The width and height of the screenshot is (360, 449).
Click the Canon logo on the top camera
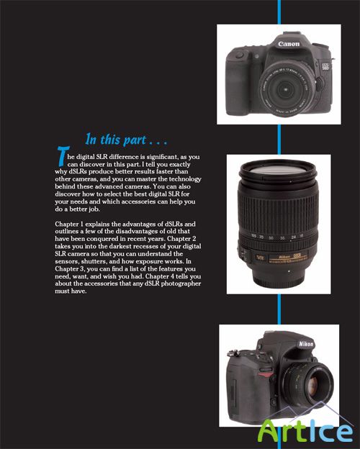(289, 44)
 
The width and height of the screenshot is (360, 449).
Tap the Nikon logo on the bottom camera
(306, 344)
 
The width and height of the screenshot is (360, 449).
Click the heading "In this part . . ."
(126, 140)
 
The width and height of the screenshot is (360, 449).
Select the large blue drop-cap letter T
(63, 156)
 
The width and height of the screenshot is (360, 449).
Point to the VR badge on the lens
(260, 258)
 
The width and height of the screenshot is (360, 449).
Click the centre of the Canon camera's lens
(285, 90)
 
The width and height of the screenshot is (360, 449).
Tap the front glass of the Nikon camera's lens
(315, 383)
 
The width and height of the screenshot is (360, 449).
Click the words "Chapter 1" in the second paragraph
(69, 224)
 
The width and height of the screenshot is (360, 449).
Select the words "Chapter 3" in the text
(70, 269)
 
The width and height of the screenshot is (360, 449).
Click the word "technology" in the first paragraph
(185, 179)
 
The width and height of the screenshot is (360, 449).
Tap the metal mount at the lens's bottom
(279, 281)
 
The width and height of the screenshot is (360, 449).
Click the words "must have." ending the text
(71, 291)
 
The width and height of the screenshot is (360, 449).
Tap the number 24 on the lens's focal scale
(293, 237)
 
